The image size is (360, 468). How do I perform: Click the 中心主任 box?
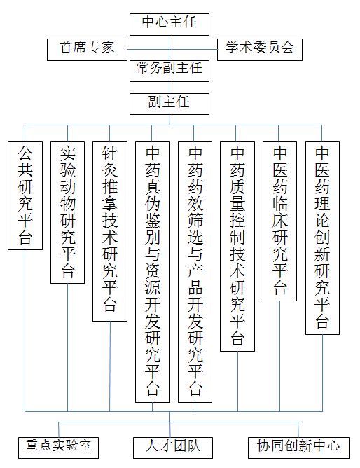tap(169, 25)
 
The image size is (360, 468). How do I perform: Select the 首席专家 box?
tap(87, 50)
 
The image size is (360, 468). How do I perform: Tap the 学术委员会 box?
tap(259, 50)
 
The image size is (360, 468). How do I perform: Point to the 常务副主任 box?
tap(169, 71)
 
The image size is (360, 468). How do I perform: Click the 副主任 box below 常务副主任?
tap(169, 104)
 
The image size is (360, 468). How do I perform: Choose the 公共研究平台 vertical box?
tap(25, 195)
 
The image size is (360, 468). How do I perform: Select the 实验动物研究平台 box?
tap(67, 212)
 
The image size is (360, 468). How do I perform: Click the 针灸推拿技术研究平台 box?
tap(110, 231)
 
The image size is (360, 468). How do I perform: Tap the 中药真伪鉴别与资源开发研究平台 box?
tap(153, 272)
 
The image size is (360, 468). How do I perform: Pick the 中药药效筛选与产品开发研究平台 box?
tap(195, 272)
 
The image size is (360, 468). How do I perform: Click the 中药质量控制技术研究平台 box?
tap(237, 246)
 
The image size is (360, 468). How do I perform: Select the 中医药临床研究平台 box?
tap(279, 221)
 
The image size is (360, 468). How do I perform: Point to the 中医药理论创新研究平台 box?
tap(322, 238)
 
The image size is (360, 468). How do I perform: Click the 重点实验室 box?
tap(58, 448)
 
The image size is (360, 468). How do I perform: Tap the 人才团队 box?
tap(173, 448)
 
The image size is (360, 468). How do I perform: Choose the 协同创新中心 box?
tap(299, 448)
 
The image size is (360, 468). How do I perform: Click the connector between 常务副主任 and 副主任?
tap(169, 88)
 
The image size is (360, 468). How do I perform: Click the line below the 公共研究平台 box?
tap(25, 331)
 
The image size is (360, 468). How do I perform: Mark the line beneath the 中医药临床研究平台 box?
tap(279, 357)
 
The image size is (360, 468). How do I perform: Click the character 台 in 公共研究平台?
tap(25, 238)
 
